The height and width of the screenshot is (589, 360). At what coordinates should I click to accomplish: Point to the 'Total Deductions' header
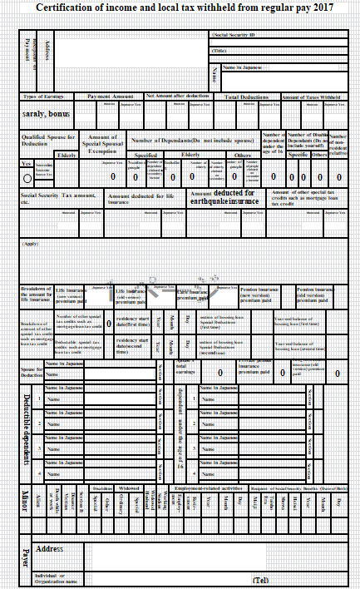click(x=247, y=97)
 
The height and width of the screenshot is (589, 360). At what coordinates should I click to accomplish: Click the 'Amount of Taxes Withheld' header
click(x=313, y=97)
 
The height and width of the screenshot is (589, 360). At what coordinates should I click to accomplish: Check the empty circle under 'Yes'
click(x=27, y=177)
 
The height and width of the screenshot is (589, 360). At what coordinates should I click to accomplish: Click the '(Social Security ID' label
click(x=235, y=36)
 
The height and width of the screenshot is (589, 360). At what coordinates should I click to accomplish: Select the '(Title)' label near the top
click(x=219, y=51)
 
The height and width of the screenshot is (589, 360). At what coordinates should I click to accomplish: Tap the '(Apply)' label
click(x=30, y=244)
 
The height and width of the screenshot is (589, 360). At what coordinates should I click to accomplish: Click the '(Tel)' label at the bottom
click(x=261, y=580)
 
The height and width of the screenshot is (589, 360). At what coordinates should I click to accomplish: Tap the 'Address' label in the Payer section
click(x=50, y=549)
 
